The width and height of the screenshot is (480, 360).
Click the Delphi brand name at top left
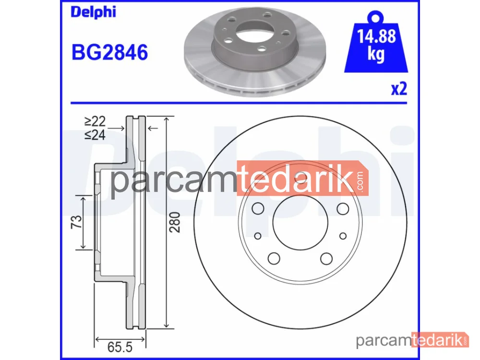[94, 12]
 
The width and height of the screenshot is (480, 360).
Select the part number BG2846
[109, 52]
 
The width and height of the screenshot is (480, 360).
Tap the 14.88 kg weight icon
[376, 42]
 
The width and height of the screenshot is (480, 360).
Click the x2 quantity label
[399, 89]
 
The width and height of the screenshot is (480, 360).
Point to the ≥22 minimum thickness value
[95, 121]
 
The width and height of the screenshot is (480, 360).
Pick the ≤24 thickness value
[95, 135]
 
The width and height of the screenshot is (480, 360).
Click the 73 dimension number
[76, 222]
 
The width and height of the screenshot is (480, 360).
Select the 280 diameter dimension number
[175, 222]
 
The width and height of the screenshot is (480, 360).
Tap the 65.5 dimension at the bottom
[120, 347]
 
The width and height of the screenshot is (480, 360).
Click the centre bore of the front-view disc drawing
[300, 223]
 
